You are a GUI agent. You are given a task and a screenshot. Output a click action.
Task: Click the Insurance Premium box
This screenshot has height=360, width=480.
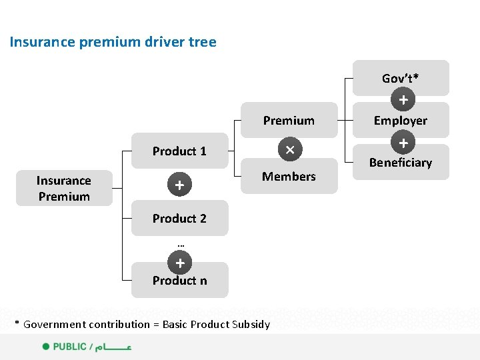click(64, 188)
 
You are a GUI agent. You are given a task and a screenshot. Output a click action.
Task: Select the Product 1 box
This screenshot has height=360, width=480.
click(179, 151)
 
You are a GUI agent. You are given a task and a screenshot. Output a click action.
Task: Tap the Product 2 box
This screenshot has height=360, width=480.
click(179, 219)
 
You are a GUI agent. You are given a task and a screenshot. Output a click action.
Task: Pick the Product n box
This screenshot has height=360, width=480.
click(179, 280)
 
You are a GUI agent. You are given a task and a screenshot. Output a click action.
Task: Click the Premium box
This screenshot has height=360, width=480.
click(289, 120)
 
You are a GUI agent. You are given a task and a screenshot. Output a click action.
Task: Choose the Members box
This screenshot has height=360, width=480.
click(289, 176)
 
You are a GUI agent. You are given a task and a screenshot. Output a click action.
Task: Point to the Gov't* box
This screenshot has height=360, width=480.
click(400, 78)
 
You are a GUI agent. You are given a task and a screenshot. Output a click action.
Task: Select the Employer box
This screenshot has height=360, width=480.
click(400, 120)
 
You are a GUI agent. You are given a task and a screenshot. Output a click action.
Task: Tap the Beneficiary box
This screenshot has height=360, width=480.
click(400, 162)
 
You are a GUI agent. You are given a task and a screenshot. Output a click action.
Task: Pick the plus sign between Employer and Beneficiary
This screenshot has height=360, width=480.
click(403, 143)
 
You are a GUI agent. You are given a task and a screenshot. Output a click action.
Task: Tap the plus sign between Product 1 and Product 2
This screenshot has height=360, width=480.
click(179, 185)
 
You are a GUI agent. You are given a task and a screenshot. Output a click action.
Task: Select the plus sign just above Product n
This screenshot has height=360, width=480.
click(179, 263)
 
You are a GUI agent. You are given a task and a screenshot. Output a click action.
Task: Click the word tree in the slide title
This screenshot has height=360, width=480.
click(203, 42)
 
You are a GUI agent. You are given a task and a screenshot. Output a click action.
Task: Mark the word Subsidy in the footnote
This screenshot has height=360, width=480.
click(251, 325)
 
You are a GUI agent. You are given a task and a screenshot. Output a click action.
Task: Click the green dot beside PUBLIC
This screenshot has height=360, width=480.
click(46, 347)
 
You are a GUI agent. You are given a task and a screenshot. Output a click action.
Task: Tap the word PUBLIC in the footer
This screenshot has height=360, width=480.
click(70, 347)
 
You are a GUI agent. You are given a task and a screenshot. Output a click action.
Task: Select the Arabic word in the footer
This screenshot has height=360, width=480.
click(113, 347)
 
